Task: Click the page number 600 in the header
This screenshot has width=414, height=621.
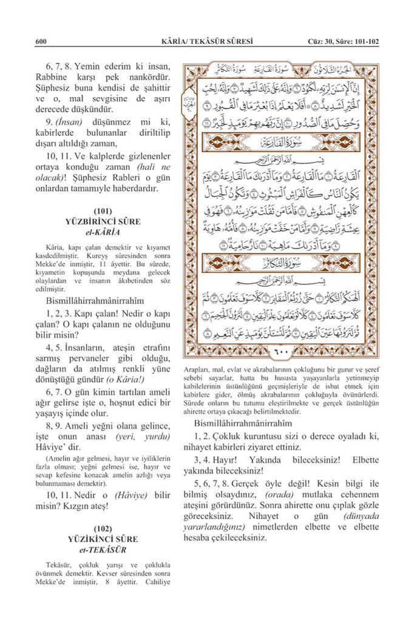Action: pos(41,41)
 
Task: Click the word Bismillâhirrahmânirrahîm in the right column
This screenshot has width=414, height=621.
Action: pos(243,423)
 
